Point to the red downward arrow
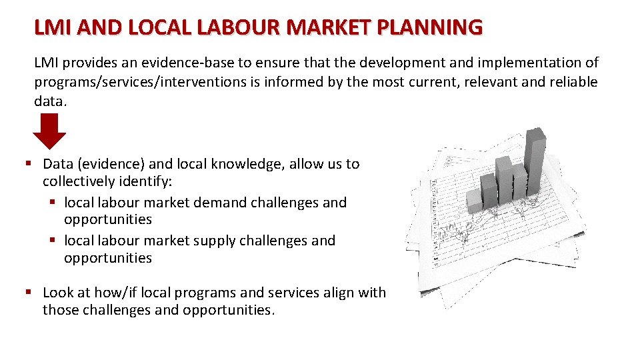coord(49,131)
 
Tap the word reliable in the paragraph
coord(570,82)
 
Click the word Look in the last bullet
coord(58,293)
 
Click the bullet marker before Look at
coord(29,293)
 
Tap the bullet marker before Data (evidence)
coord(29,164)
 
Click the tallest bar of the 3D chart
coord(535,160)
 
